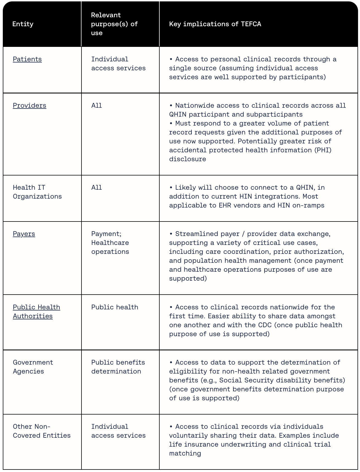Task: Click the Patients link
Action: tap(27, 59)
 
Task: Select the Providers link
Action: tap(30, 105)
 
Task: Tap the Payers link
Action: tap(24, 234)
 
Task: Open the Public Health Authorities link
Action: tap(36, 311)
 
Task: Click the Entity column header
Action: tap(23, 24)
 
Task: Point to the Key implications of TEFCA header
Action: tap(215, 24)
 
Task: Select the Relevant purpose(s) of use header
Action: tap(114, 24)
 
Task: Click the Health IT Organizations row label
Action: tap(37, 192)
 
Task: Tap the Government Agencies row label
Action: tap(33, 367)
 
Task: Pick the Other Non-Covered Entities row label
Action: tap(42, 431)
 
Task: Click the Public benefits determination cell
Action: tap(118, 367)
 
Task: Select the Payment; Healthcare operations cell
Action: tap(110, 243)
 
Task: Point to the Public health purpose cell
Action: tap(114, 307)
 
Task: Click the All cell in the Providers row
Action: tap(97, 105)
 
